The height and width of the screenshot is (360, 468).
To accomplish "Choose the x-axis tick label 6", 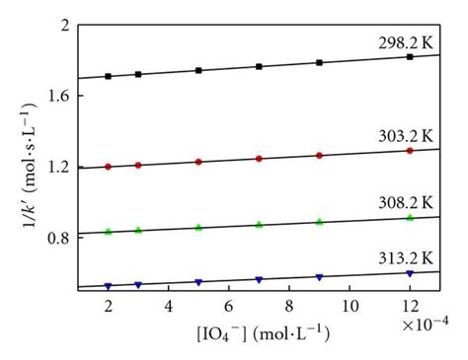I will pyautogui.click(x=229, y=306).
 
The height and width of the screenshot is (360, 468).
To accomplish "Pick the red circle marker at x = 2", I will pyautogui.click(x=109, y=167).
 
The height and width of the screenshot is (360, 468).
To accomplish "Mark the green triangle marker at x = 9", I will pyautogui.click(x=319, y=222).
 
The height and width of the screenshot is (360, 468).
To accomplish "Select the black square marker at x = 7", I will pyautogui.click(x=259, y=67).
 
